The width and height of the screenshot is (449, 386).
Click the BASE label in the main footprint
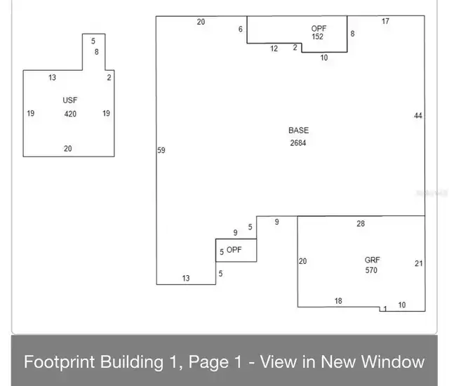pyautogui.click(x=298, y=131)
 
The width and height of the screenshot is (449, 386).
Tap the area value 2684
pyautogui.click(x=298, y=143)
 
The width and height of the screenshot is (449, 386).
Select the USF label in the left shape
pyautogui.click(x=70, y=100)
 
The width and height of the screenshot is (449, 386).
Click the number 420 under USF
pyautogui.click(x=70, y=114)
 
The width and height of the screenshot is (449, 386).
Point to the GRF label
pyautogui.click(x=373, y=260)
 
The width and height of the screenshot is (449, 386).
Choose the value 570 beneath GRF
pyautogui.click(x=371, y=270)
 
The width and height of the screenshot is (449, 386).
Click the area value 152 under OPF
pyautogui.click(x=318, y=36)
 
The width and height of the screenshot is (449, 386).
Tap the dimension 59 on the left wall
pyautogui.click(x=161, y=150)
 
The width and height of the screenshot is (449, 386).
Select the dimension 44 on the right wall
pyautogui.click(x=418, y=116)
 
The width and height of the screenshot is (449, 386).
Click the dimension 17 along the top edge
pyautogui.click(x=385, y=21)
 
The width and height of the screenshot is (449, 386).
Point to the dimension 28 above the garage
pyautogui.click(x=361, y=224)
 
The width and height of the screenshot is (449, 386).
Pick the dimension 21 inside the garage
pyautogui.click(x=419, y=263)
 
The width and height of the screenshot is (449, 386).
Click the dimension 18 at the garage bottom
pyautogui.click(x=338, y=301)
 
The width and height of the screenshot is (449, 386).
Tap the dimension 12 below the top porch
pyautogui.click(x=274, y=48)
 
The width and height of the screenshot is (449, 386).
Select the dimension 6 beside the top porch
pyautogui.click(x=241, y=29)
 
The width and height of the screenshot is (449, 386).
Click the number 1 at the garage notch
pyautogui.click(x=385, y=309)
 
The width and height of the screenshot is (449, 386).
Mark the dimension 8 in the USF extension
pyautogui.click(x=97, y=52)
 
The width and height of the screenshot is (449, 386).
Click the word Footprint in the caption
pyautogui.click(x=60, y=362)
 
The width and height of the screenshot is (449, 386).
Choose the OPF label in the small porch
pyautogui.click(x=234, y=250)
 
